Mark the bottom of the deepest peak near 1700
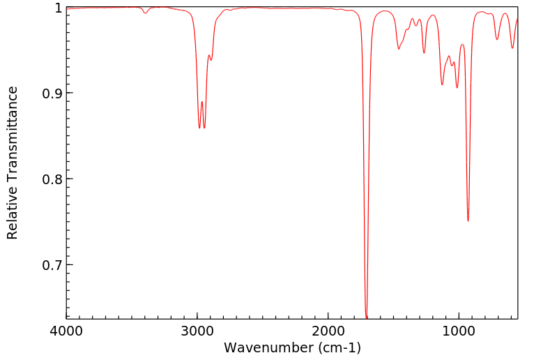[x=367, y=317]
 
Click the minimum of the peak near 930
[x=468, y=221]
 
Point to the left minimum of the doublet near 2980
[x=199, y=128]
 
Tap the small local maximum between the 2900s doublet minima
[x=202, y=102]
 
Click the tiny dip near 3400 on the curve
[x=145, y=13]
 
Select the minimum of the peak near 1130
[x=442, y=85]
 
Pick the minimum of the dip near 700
[x=497, y=39]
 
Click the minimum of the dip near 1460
[x=399, y=49]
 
